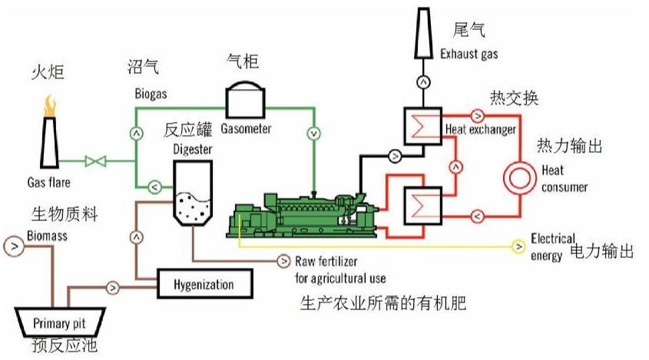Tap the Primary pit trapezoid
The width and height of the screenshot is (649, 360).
(61, 323)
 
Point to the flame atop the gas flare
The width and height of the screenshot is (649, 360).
(51, 104)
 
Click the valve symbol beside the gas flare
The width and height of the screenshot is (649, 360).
(96, 162)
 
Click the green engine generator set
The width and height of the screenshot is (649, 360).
(303, 214)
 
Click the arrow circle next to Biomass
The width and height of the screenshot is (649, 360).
(13, 246)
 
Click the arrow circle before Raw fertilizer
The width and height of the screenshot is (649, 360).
(283, 260)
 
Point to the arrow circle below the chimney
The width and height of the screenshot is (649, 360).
(422, 81)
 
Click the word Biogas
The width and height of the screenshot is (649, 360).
(146, 94)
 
